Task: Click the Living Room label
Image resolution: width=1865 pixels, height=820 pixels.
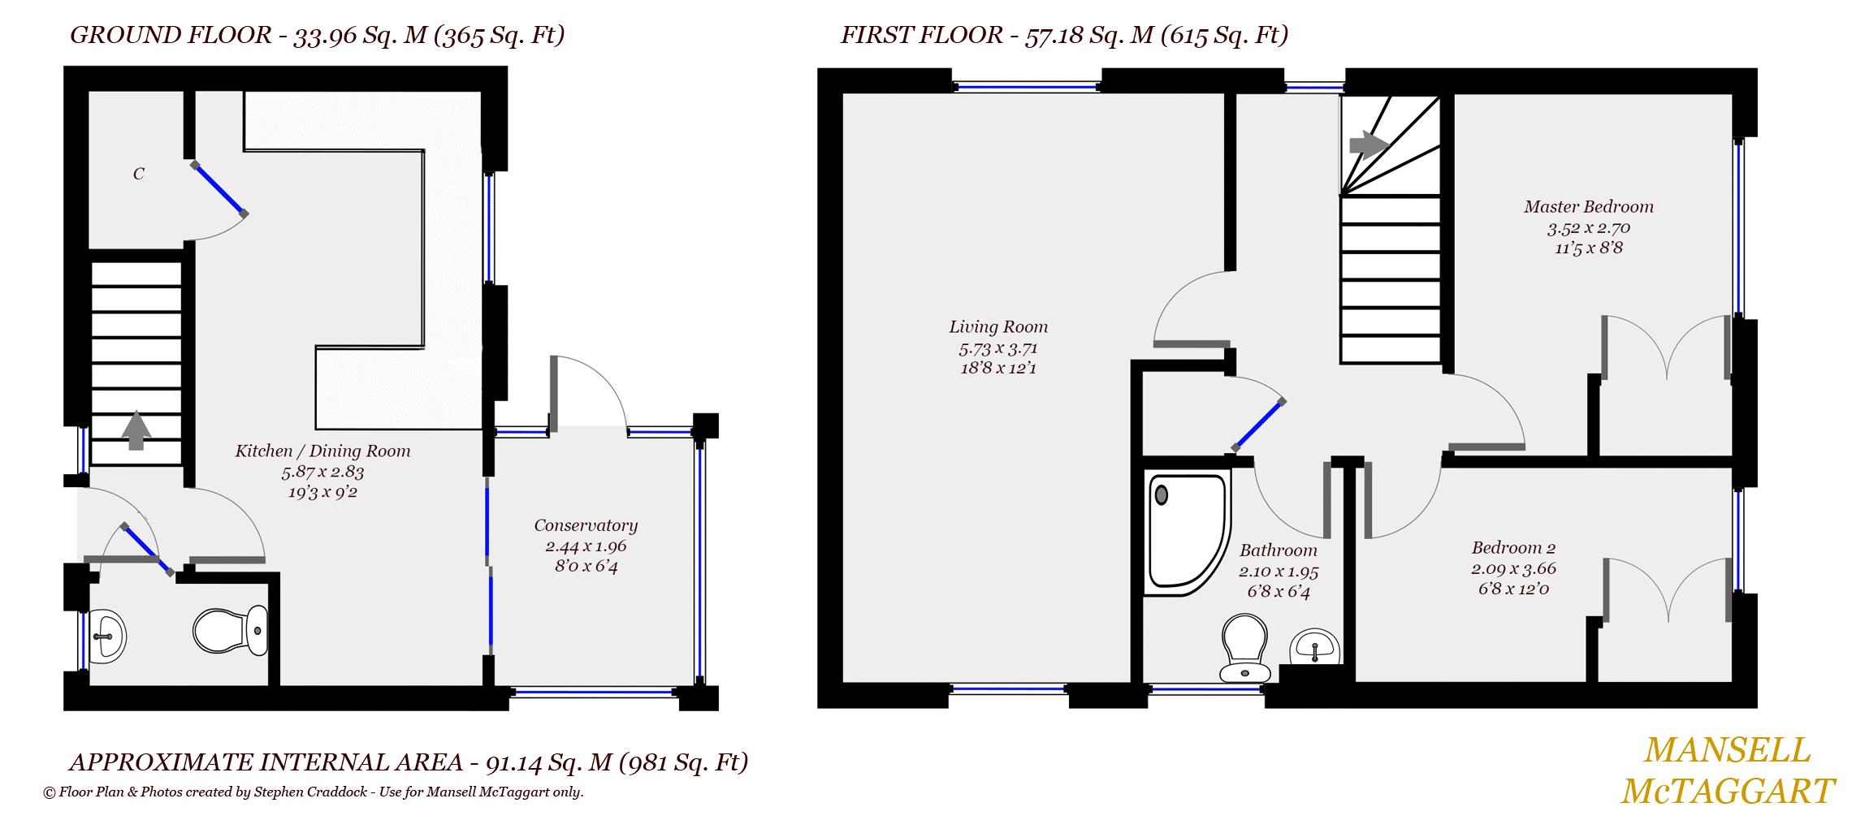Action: [998, 327]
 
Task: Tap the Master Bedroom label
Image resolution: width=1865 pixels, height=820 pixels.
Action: [1588, 207]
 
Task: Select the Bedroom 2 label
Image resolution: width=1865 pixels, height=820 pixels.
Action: [1513, 548]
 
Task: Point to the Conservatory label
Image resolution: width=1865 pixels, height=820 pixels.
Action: [585, 525]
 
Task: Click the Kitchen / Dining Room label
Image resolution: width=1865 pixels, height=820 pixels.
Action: [322, 451]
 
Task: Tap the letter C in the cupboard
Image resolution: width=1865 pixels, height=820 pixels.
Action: [139, 174]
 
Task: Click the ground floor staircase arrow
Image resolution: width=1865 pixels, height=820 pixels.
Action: [136, 431]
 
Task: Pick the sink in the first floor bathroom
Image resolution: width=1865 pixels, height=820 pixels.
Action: [1314, 648]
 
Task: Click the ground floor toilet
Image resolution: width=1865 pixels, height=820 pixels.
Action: [231, 630]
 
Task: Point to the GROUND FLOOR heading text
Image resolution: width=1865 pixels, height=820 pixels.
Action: [171, 36]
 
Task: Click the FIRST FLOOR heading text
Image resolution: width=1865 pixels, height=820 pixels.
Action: [921, 36]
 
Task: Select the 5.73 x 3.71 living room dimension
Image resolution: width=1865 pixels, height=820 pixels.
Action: [998, 348]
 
